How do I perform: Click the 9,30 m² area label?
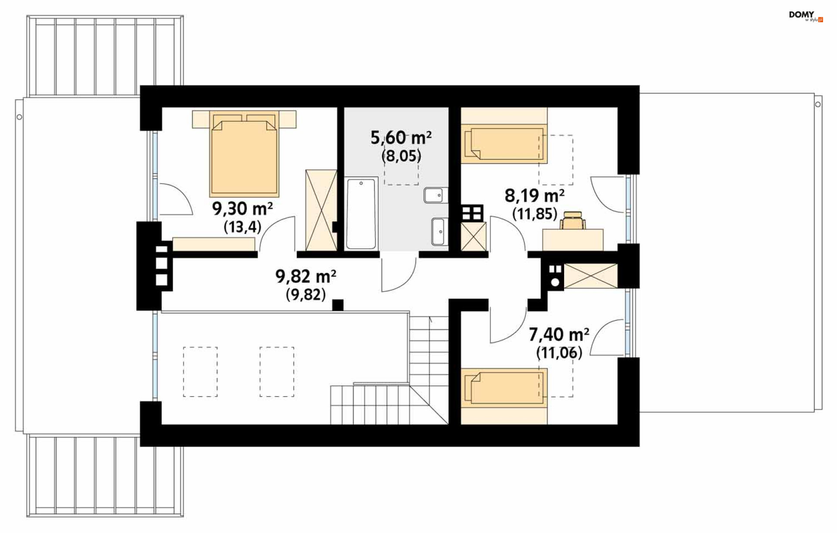[x=242, y=209]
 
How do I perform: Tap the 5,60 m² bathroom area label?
[x=401, y=138]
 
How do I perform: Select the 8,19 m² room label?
[x=534, y=196]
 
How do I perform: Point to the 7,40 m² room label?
[x=559, y=335]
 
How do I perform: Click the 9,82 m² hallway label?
[x=306, y=276]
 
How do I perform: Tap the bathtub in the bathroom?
[x=361, y=213]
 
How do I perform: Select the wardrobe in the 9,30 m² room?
[x=321, y=210]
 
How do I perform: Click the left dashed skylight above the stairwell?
[x=200, y=372]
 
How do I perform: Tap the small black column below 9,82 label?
[x=338, y=305]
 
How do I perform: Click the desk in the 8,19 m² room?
[x=573, y=240]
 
